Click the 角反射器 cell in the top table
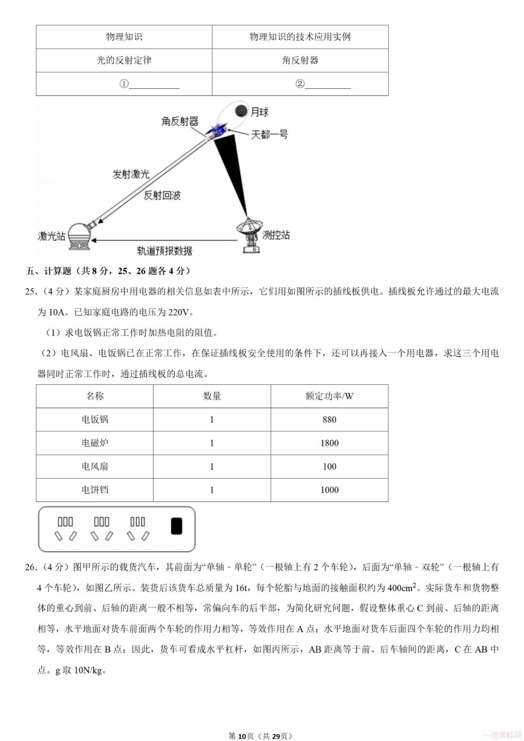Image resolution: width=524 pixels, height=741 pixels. point(300,60)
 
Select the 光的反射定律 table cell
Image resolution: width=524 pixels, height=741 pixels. point(124,60)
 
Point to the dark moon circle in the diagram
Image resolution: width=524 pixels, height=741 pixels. point(241,111)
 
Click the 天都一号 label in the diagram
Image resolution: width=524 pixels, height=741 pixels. point(269,134)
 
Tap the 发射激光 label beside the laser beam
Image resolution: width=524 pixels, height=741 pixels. point(131,174)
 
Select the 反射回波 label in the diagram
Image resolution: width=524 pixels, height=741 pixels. point(162,195)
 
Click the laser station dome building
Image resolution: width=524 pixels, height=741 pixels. point(79,236)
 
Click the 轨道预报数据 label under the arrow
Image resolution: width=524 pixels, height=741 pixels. point(164,250)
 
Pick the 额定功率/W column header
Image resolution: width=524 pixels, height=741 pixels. point(329,396)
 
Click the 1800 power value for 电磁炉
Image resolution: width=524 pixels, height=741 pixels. point(329,443)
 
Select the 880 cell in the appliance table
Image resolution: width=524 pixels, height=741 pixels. point(329,420)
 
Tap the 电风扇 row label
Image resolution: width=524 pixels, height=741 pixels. point(95,466)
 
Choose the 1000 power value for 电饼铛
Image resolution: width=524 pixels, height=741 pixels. point(329,490)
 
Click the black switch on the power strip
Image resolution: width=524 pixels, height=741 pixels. point(177,526)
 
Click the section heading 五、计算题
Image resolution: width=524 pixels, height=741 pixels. point(49,271)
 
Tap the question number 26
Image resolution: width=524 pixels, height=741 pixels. point(30,567)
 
